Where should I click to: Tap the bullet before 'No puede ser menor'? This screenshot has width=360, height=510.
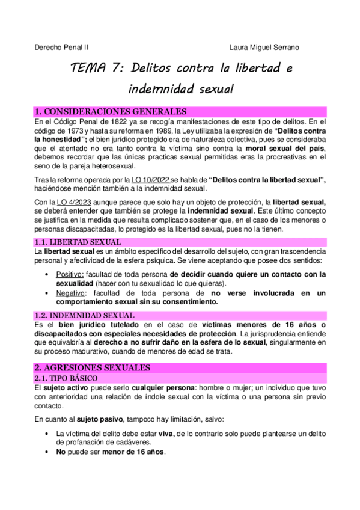(x=47, y=452)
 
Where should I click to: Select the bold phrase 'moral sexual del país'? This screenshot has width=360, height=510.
(x=285, y=148)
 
